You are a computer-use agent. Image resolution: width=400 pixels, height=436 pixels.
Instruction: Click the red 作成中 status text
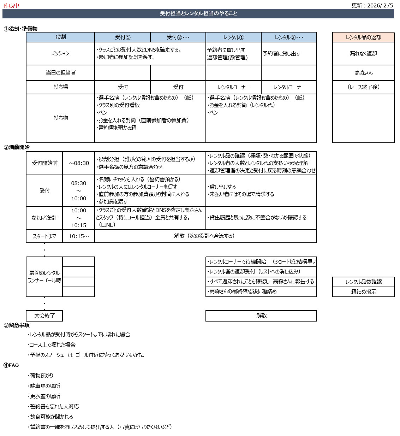[11, 5]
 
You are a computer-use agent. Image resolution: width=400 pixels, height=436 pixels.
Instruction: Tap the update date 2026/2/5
[380, 5]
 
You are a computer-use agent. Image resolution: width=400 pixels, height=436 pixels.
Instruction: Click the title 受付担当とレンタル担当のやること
[198, 13]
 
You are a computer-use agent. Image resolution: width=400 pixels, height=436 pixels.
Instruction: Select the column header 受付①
[123, 37]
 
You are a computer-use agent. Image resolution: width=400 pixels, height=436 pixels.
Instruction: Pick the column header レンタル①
[233, 37]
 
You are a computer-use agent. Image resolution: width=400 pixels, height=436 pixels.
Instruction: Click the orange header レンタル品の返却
[363, 37]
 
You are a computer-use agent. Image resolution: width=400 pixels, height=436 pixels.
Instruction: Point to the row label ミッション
[60, 53]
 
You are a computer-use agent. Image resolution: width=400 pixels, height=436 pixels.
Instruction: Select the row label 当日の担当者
[60, 73]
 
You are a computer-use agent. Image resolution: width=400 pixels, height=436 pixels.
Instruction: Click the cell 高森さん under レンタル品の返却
[363, 73]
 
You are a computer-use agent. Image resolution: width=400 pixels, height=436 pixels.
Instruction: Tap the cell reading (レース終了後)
[363, 87]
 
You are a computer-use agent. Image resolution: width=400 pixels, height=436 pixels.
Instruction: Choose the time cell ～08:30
[79, 163]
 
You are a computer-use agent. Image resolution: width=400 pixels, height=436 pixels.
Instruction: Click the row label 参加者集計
[44, 218]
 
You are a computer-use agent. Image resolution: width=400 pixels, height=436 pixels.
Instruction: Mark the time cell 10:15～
[79, 236]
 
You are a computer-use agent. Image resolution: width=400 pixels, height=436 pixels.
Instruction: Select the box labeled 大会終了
[44, 316]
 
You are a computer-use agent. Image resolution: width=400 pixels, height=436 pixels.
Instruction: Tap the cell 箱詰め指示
[363, 291]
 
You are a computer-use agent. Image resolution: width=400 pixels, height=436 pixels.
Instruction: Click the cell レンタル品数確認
[363, 282]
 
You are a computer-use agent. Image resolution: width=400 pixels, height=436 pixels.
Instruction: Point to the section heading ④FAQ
[11, 365]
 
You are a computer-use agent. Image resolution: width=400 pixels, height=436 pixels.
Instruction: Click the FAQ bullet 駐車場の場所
[45, 386]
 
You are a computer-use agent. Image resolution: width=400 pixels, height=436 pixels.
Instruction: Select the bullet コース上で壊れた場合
[52, 344]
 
